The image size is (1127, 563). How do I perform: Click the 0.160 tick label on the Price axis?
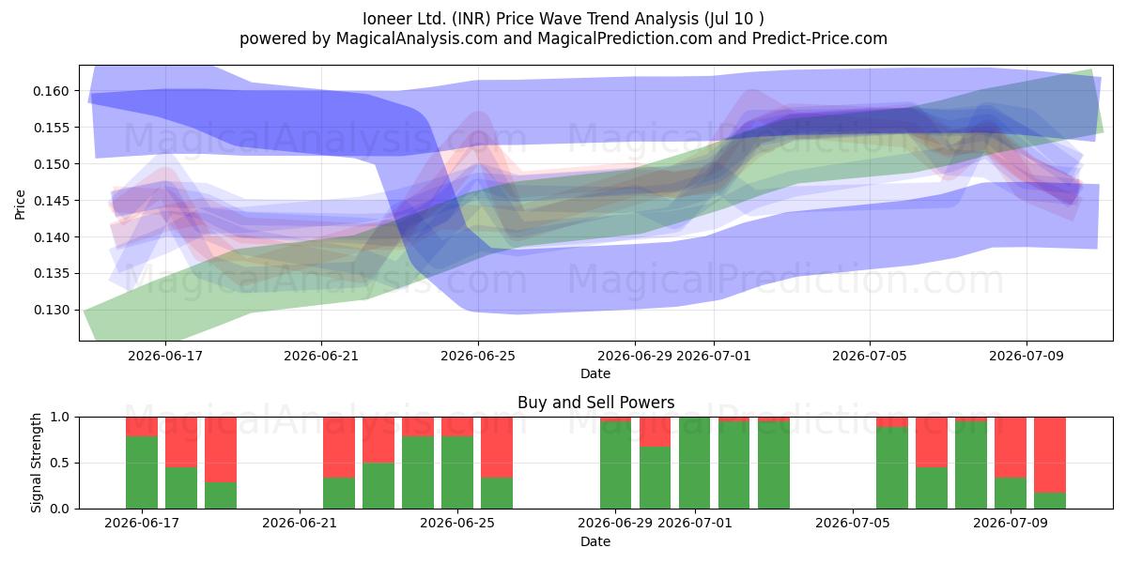point(51,91)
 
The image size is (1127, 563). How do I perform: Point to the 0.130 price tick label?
point(51,311)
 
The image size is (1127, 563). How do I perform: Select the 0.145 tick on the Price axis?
point(51,201)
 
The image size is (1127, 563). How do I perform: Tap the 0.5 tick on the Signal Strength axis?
point(60,463)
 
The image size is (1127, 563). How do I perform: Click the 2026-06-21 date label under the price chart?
point(321,356)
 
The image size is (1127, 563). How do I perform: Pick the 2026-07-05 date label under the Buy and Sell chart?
point(853,524)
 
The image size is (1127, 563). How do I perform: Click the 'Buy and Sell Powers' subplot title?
point(595,403)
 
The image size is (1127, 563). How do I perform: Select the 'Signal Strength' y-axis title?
point(36,463)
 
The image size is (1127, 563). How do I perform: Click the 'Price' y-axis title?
point(20,205)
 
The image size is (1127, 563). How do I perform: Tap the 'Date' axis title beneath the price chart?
point(595,373)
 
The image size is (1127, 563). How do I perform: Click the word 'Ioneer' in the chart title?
point(392,19)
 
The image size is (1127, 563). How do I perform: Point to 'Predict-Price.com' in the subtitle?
point(820,38)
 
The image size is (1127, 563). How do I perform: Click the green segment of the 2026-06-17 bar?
point(142,473)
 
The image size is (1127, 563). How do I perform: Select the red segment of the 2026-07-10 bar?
point(1050,455)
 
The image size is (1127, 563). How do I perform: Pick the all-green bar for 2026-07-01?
point(694,463)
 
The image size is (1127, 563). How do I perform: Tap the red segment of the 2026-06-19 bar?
point(221,449)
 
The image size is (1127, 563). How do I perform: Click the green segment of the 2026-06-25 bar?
point(457,473)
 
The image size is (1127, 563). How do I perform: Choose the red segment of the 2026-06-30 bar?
point(656,432)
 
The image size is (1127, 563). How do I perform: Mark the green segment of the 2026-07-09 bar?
point(1011,494)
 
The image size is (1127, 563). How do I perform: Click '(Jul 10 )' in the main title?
point(734,19)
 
